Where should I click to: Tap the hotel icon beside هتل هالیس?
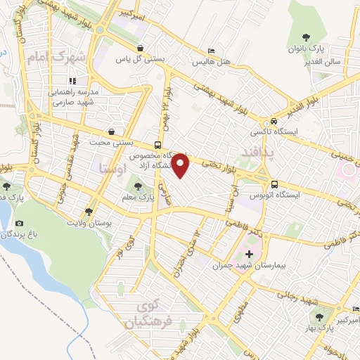click(x=212, y=51)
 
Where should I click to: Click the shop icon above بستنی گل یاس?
click(x=141, y=48)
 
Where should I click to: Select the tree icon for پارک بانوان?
click(x=305, y=37)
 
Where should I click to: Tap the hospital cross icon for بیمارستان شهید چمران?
click(x=249, y=253)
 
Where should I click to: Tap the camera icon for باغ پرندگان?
click(x=18, y=224)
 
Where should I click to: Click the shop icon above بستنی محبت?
click(x=111, y=131)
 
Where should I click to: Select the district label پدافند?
click(x=260, y=151)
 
